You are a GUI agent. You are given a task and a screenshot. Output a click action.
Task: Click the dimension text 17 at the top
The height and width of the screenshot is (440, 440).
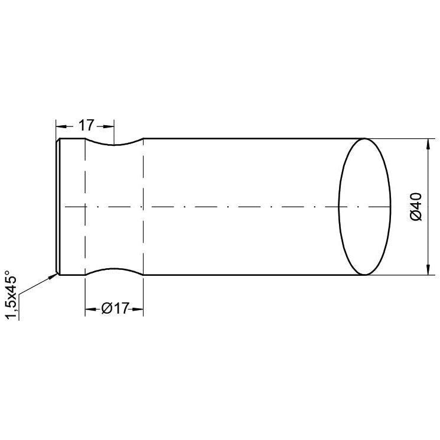(x=86, y=125)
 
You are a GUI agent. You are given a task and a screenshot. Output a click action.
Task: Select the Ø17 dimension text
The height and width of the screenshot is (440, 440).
(x=115, y=308)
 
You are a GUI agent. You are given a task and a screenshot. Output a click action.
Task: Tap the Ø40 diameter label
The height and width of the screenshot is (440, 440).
(x=416, y=207)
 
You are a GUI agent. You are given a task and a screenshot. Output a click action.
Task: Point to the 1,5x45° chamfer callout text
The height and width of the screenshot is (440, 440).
(x=10, y=295)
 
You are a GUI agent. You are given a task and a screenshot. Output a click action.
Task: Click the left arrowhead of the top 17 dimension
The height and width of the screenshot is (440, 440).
(x=60, y=126)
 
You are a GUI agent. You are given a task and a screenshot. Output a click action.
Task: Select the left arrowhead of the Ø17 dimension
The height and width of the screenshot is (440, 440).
(x=89, y=308)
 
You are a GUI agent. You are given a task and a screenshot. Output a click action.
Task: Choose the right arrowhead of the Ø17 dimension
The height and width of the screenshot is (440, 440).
(x=139, y=308)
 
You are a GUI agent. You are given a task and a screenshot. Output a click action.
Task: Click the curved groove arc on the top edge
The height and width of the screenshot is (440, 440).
(x=115, y=145)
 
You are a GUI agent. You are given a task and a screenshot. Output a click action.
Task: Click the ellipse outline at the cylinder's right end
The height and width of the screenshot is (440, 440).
(x=390, y=207)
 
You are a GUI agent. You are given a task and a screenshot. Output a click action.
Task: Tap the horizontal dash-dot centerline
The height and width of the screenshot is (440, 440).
(x=236, y=207)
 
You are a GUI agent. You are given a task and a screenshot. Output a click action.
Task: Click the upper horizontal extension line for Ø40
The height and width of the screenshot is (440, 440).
(x=402, y=139)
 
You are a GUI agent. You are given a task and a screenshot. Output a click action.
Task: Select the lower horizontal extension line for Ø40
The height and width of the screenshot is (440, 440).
(x=402, y=275)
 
